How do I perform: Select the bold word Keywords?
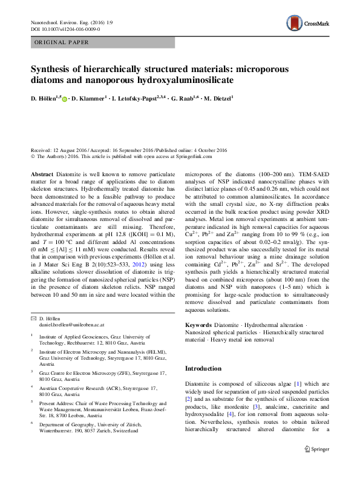[200, 325]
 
